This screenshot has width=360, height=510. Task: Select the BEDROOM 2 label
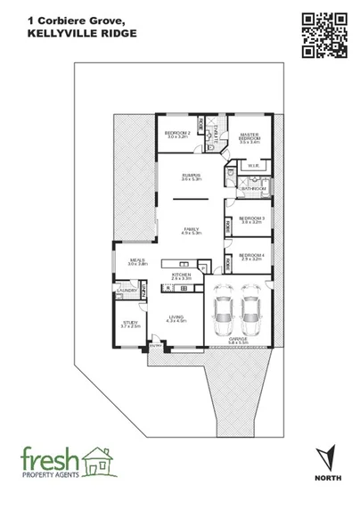(177, 133)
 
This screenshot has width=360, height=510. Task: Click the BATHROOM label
(253, 188)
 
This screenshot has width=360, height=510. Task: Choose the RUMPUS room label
(190, 177)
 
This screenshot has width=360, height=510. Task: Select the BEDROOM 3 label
(252, 218)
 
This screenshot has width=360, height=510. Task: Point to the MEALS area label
(135, 261)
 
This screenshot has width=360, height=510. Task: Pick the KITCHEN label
(181, 275)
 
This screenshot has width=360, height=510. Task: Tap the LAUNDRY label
(126, 290)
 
